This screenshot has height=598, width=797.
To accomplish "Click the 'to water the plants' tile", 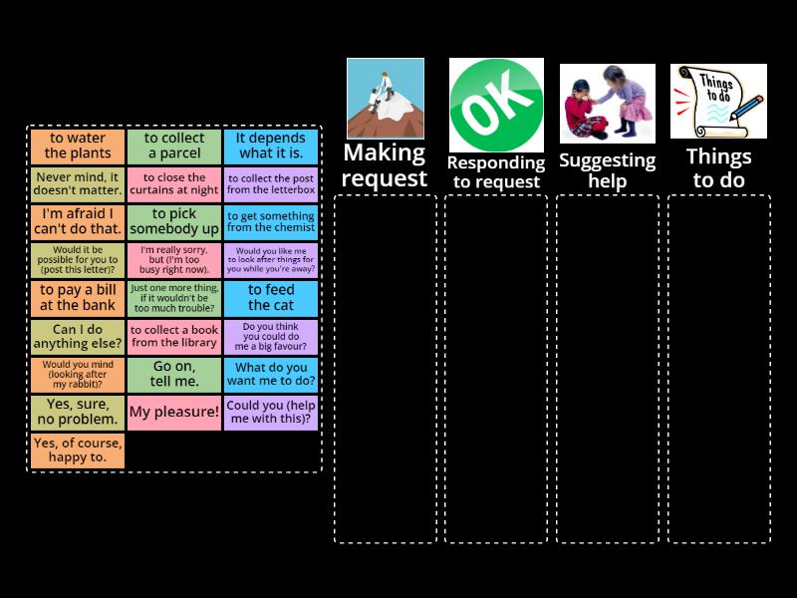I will (x=78, y=147).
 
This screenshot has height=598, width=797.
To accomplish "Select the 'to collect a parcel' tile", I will (x=174, y=147).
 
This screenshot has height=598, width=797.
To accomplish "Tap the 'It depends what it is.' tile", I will (x=271, y=147).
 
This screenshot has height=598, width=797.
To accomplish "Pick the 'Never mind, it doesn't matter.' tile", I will (x=78, y=184).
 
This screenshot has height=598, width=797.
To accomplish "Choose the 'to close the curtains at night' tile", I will (x=174, y=184).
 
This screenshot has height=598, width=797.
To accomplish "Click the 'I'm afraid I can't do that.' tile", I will (x=78, y=222).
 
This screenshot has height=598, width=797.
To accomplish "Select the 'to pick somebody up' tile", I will (x=174, y=222).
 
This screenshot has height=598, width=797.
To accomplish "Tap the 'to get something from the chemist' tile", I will (x=271, y=222).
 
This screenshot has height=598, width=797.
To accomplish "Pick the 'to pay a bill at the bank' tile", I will (x=78, y=298).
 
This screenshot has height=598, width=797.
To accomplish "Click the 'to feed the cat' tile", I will (x=271, y=298).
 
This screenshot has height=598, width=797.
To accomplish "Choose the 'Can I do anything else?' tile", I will (x=78, y=337).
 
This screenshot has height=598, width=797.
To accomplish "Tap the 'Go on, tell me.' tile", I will (x=174, y=375).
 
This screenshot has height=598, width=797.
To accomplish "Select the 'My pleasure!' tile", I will (x=174, y=413).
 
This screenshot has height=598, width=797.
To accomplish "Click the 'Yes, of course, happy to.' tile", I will (x=78, y=450).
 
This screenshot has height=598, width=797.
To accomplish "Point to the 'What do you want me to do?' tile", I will (x=271, y=375).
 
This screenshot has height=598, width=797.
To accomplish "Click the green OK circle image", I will (x=496, y=105).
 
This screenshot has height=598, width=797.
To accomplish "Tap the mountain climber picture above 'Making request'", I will (x=386, y=99).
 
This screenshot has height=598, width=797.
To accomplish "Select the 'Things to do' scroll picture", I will (x=718, y=102).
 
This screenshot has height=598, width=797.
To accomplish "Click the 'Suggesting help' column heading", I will (x=607, y=170).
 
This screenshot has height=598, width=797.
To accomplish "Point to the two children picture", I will (x=607, y=104).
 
